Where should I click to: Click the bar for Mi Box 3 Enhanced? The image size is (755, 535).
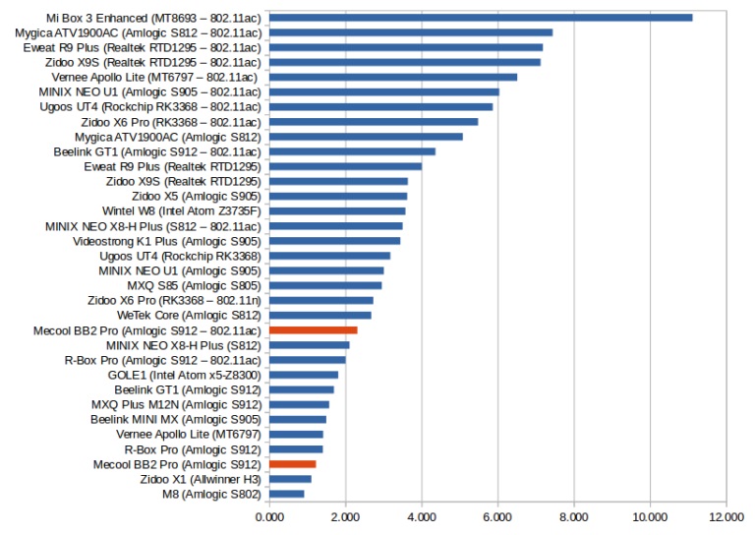click(x=481, y=18)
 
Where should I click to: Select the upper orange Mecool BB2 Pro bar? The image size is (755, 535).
click(x=313, y=330)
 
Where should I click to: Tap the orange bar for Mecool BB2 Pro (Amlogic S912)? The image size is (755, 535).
click(x=292, y=463)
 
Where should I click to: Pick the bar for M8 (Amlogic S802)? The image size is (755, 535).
click(x=286, y=494)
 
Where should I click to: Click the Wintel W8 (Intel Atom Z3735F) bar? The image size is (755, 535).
click(x=336, y=210)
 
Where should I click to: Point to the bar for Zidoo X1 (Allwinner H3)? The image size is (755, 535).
click(x=290, y=479)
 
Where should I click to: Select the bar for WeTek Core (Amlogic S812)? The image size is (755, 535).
click(x=319, y=315)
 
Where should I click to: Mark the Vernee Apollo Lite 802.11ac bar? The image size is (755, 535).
click(x=392, y=77)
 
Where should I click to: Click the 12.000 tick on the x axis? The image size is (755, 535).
click(x=726, y=515)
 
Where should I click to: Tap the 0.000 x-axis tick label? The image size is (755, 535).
click(x=268, y=515)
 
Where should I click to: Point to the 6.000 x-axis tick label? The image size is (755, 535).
click(x=497, y=515)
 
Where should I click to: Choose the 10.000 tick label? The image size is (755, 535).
click(x=650, y=515)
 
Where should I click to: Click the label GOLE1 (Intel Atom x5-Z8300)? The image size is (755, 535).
click(x=184, y=375)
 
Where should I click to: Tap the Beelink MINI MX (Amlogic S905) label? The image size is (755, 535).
click(x=175, y=419)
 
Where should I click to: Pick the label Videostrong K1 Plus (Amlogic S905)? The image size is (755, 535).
click(x=166, y=241)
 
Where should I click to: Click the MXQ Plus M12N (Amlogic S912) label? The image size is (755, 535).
click(x=176, y=404)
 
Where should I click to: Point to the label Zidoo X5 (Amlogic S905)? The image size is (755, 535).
click(x=196, y=196)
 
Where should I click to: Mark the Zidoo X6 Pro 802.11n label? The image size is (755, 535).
click(x=174, y=300)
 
